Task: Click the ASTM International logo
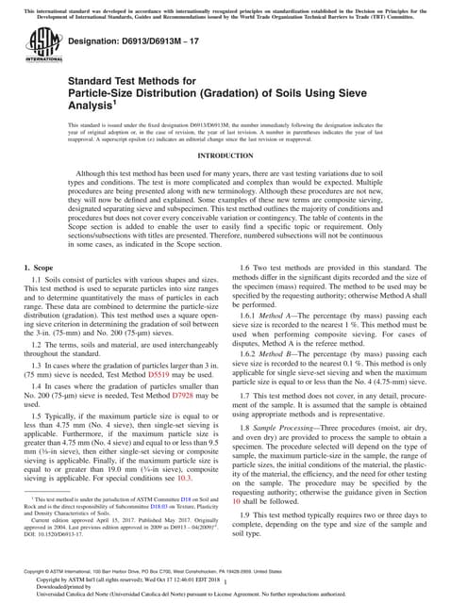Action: [x=41, y=42]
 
